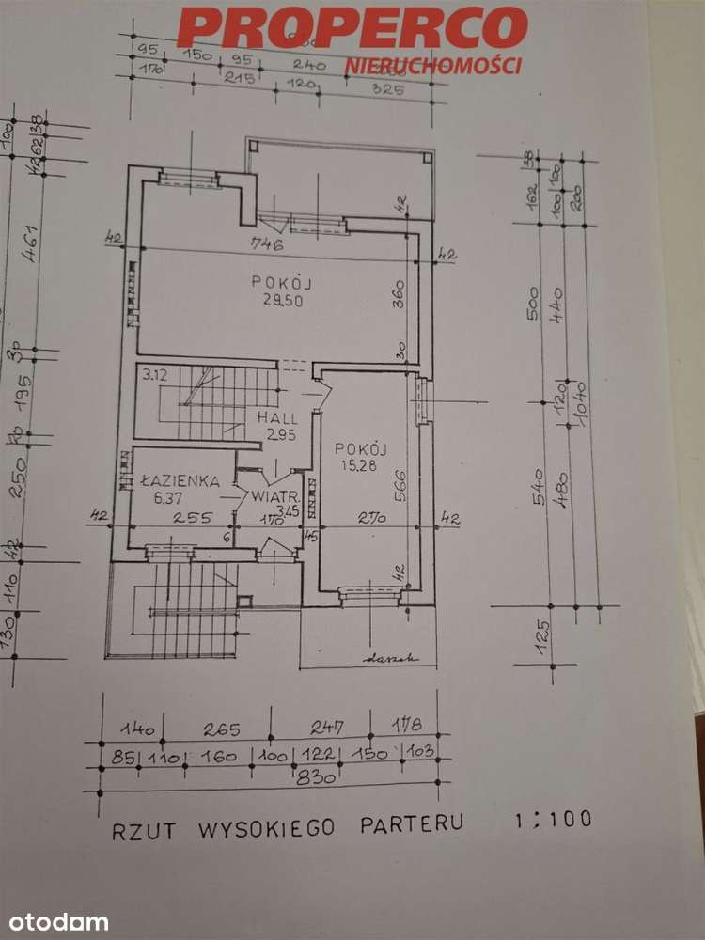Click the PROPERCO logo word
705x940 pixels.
pos(352,28)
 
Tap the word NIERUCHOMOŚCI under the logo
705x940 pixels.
pos(433,65)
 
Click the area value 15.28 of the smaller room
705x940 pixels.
pos(361,467)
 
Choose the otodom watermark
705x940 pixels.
pos(55,921)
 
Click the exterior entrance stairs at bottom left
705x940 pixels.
pos(188,611)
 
